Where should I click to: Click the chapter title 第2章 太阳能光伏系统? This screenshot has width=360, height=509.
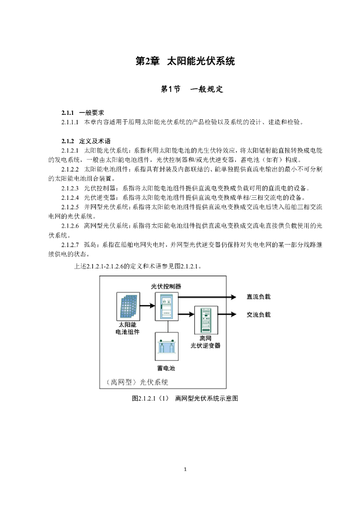click(185, 61)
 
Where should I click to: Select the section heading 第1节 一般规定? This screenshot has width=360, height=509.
click(192, 89)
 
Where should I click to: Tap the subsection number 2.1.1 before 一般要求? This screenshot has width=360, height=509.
click(68, 113)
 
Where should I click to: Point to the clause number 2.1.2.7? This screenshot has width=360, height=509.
click(70, 245)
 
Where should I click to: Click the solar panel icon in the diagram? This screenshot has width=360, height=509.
click(128, 306)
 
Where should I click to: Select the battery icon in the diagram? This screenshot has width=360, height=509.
click(167, 346)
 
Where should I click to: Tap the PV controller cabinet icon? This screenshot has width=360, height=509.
click(167, 306)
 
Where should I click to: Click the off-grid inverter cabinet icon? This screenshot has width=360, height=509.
click(206, 320)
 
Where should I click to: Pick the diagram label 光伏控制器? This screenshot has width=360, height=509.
click(166, 286)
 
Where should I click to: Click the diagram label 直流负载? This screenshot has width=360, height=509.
click(259, 297)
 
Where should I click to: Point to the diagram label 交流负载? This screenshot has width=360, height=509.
click(259, 315)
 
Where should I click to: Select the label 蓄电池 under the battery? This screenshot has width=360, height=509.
click(166, 368)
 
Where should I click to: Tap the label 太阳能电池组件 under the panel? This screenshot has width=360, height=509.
click(128, 328)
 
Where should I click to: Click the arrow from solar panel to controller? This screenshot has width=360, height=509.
click(148, 306)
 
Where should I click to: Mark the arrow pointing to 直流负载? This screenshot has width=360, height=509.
click(207, 297)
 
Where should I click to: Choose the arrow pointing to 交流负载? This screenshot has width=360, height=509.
click(227, 314)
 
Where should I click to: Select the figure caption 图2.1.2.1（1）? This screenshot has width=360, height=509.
click(151, 398)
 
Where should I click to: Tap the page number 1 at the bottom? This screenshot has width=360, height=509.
click(185, 469)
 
